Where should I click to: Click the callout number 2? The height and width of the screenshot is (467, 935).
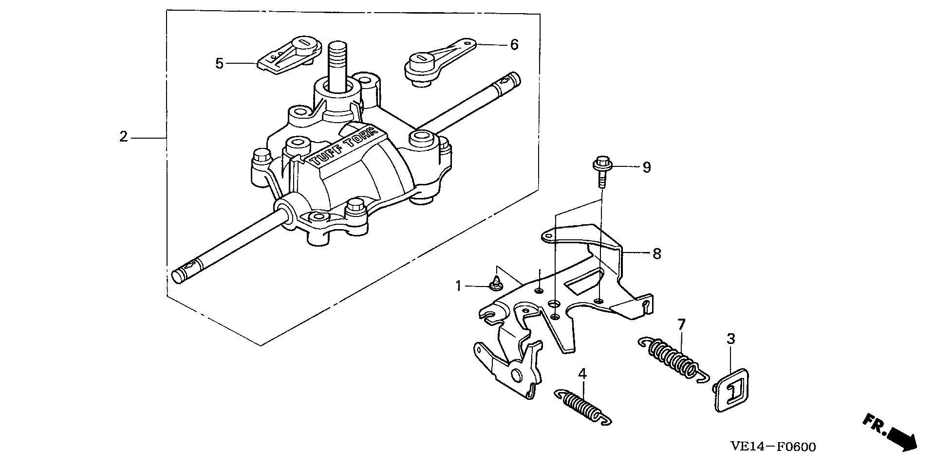point(124,137)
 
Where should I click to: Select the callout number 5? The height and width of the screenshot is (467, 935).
point(220,63)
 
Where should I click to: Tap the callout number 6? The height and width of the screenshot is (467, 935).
point(514,45)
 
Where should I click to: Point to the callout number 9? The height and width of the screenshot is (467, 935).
point(646,167)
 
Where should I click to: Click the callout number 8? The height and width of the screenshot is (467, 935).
point(657,253)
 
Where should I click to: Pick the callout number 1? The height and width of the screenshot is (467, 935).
point(458,286)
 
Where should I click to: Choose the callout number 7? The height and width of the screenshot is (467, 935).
point(681,324)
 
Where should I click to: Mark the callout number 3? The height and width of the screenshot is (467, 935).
point(731,339)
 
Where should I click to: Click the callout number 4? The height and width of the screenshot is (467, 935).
point(583,374)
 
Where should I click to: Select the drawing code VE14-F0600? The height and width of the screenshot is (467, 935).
point(773,447)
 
